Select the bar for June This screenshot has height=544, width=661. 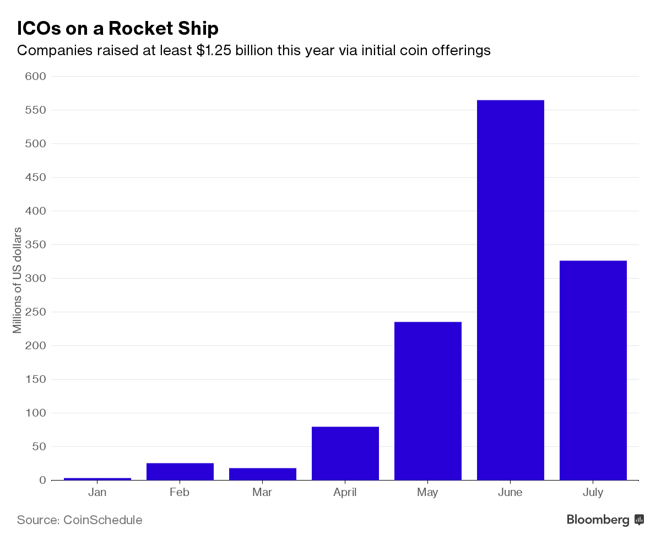point(510,290)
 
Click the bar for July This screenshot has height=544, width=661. point(593,370)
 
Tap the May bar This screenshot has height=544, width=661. point(427,401)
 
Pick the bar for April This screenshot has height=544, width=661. point(345,453)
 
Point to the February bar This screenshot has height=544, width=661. point(180,471)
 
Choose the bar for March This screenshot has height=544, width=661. point(262,474)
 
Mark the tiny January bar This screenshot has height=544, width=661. point(97,478)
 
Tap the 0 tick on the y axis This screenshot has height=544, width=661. point(42,480)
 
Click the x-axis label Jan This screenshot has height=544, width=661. point(97,492)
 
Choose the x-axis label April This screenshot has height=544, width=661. point(345,492)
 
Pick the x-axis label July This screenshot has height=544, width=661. point(593,492)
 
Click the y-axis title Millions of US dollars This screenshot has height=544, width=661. point(17,280)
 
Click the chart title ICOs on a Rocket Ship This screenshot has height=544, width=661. point(118,28)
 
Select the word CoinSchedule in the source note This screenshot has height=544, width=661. point(103,520)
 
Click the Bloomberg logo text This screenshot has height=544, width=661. point(598,520)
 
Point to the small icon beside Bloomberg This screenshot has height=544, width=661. point(639,520)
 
